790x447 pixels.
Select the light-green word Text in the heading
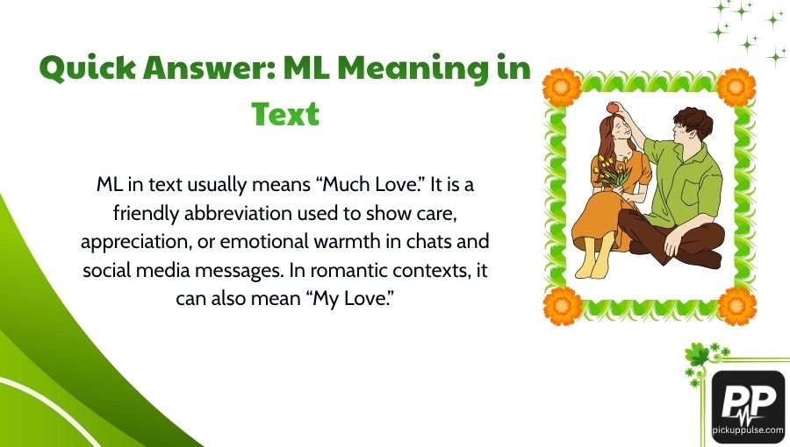[285, 114]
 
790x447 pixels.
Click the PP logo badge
[747, 401]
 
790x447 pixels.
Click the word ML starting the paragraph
[108, 186]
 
